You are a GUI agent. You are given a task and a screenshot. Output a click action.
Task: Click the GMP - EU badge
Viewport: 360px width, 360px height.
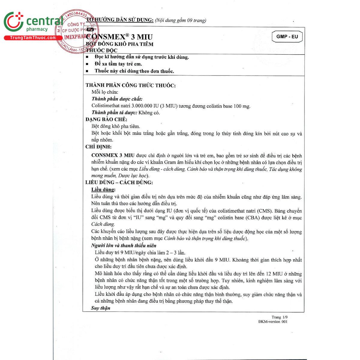(x=287, y=37)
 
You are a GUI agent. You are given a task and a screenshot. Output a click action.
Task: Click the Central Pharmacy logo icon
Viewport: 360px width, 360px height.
(x=13, y=22)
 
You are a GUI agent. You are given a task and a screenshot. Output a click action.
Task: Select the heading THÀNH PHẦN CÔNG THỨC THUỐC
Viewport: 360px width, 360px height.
(x=130, y=85)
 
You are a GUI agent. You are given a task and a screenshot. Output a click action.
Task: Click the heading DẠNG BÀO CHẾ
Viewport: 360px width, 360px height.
(x=106, y=119)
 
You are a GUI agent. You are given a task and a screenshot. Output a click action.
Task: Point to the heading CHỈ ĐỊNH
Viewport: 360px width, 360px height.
(x=98, y=147)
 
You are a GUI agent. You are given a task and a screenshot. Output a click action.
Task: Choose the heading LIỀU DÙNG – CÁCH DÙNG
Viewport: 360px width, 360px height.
(x=119, y=182)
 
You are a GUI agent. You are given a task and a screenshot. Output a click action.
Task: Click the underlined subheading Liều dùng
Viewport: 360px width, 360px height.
(x=103, y=190)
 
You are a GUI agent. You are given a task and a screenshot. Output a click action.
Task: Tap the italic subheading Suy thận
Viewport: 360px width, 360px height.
(x=101, y=308)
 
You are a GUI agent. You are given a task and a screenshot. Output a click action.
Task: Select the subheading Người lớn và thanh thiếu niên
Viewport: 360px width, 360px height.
(x=124, y=245)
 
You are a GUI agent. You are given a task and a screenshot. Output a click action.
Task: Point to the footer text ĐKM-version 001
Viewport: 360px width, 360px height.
(x=273, y=322)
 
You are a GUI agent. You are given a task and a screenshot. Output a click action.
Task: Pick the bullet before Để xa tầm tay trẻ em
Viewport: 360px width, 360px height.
(x=87, y=64)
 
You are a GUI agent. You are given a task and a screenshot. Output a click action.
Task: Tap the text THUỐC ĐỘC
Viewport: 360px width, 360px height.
(x=102, y=50)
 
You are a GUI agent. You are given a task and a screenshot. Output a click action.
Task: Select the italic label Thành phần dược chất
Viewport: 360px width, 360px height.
(x=117, y=99)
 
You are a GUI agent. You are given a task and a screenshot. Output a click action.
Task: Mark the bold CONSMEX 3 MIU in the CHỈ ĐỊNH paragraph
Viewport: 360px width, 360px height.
(x=113, y=155)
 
